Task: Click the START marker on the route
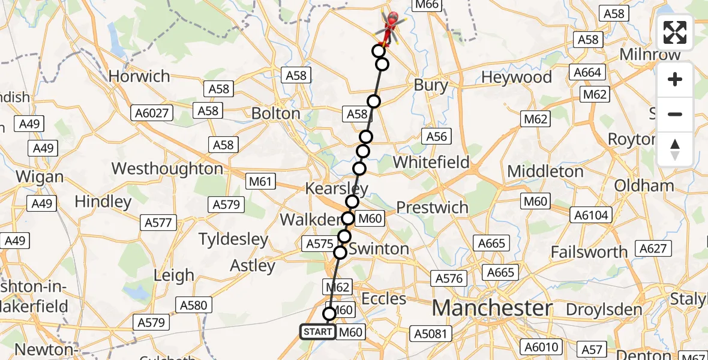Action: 317,332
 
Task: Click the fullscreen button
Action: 675,32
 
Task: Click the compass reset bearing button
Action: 675,149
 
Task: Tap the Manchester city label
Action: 492,308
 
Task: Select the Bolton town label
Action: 276,113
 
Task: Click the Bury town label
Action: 431,85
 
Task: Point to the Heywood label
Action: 516,77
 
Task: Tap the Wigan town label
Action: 40,176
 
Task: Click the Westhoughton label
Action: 167,169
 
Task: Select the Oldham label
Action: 644,185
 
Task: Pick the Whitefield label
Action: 431,162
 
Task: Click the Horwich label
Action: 139,76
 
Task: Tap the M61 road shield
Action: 262,180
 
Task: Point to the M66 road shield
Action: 427,5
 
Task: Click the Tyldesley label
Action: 233,239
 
